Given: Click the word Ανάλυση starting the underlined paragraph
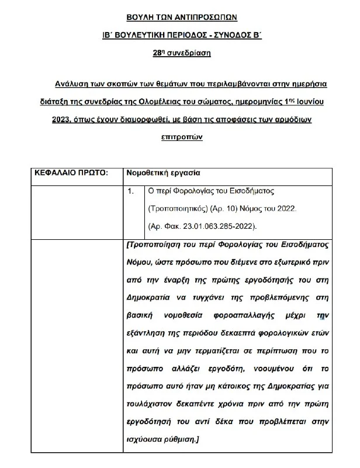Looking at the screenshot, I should pyautogui.click(x=71, y=84).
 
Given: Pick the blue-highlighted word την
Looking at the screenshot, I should pyautogui.click(x=320, y=315).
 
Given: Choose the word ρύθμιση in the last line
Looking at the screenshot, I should pyautogui.click(x=179, y=439).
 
